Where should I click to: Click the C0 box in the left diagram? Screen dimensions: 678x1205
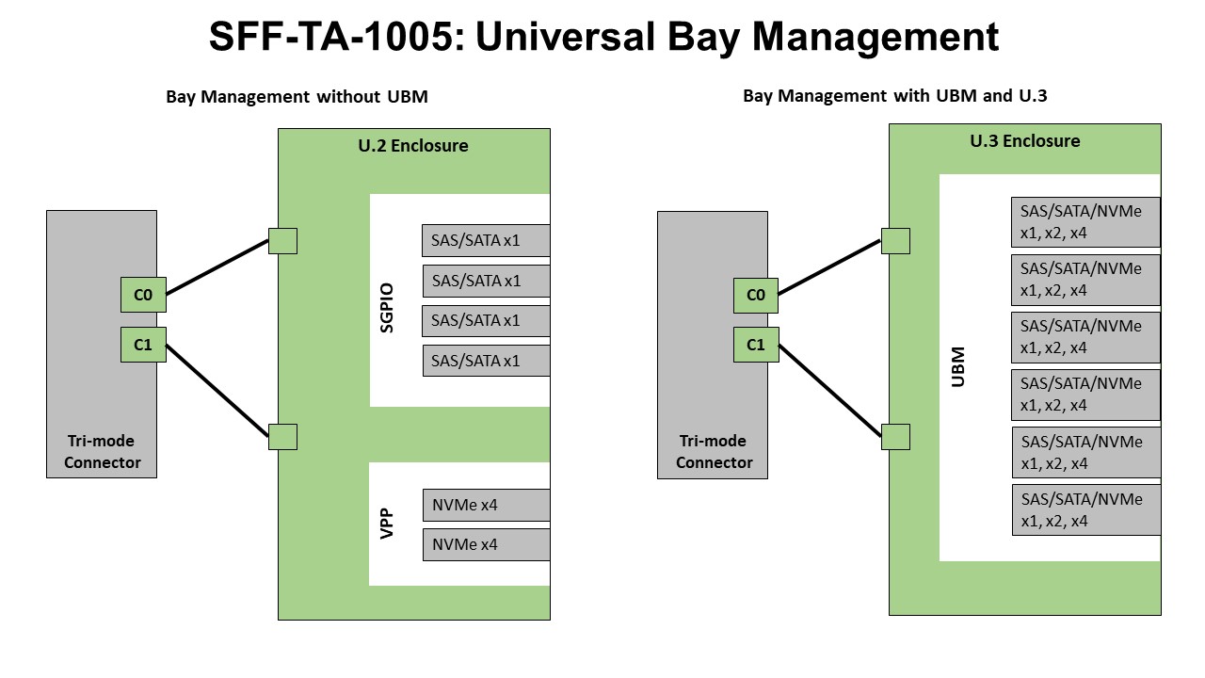click(143, 295)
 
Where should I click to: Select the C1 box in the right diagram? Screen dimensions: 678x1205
click(756, 345)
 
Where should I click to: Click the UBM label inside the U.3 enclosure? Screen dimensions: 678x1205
click(957, 366)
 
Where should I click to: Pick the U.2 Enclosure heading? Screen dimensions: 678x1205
click(414, 146)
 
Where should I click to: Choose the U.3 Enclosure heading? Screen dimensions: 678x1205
click(1025, 141)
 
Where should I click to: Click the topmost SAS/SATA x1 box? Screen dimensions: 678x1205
click(485, 241)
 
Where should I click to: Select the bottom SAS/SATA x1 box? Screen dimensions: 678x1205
click(485, 360)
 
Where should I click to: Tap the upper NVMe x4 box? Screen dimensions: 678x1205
click(485, 505)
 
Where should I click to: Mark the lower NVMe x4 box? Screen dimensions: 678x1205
click(485, 544)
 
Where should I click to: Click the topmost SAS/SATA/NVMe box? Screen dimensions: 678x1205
click(1085, 222)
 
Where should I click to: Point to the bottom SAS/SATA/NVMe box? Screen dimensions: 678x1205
click(1085, 509)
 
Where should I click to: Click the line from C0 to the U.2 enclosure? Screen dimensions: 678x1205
click(217, 267)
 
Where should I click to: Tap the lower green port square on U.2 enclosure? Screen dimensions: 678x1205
click(282, 437)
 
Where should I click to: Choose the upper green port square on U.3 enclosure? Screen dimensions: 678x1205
click(895, 241)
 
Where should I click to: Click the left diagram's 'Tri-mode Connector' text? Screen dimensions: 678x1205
click(102, 452)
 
